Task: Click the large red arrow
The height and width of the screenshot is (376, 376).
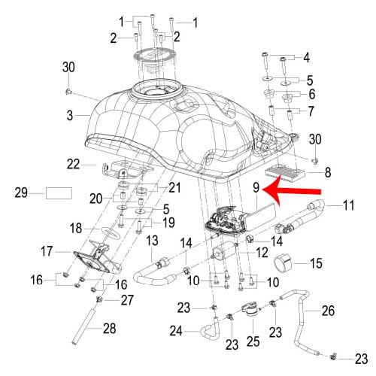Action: (x=291, y=191)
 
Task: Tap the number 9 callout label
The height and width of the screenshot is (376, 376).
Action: (x=256, y=187)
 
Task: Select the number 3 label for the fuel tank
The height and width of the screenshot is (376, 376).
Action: (x=70, y=116)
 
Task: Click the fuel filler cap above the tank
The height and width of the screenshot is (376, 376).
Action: (x=153, y=59)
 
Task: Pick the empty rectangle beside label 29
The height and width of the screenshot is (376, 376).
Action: (x=59, y=193)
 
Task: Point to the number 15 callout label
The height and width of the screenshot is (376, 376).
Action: (x=316, y=263)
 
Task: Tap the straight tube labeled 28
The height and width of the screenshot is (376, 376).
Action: (x=85, y=327)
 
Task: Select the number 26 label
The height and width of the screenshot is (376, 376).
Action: (x=328, y=311)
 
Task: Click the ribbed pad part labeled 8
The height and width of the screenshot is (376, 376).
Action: (x=284, y=172)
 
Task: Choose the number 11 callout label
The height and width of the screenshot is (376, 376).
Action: (x=348, y=205)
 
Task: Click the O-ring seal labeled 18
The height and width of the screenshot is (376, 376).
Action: (x=111, y=232)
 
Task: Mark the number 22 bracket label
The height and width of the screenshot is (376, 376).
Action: (x=73, y=165)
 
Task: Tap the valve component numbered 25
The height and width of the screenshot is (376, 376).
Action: (x=250, y=310)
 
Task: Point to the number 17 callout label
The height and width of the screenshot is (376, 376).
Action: (x=47, y=251)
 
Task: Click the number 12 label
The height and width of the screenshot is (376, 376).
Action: (x=262, y=253)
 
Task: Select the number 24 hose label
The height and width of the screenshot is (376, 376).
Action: (x=176, y=331)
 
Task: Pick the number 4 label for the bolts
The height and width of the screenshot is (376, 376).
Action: (x=306, y=58)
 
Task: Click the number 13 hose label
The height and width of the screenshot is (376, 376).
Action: (x=152, y=241)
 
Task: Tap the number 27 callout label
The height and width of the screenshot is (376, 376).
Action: (x=127, y=300)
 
